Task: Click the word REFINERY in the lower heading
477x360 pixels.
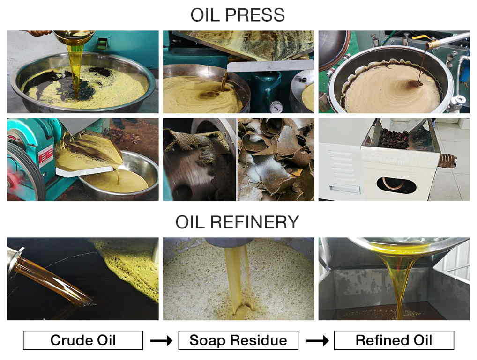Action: pos(254,222)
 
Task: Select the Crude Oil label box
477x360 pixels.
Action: pos(83,340)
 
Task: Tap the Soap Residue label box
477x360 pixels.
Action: pos(238,340)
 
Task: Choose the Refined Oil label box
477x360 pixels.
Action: pos(394,340)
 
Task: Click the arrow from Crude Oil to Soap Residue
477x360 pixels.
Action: pos(161,340)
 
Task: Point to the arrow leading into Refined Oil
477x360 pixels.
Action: pos(317,340)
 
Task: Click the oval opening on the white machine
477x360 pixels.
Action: pos(396,184)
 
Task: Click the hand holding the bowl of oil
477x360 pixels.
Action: pos(38,33)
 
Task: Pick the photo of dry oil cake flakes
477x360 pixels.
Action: pos(276,159)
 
